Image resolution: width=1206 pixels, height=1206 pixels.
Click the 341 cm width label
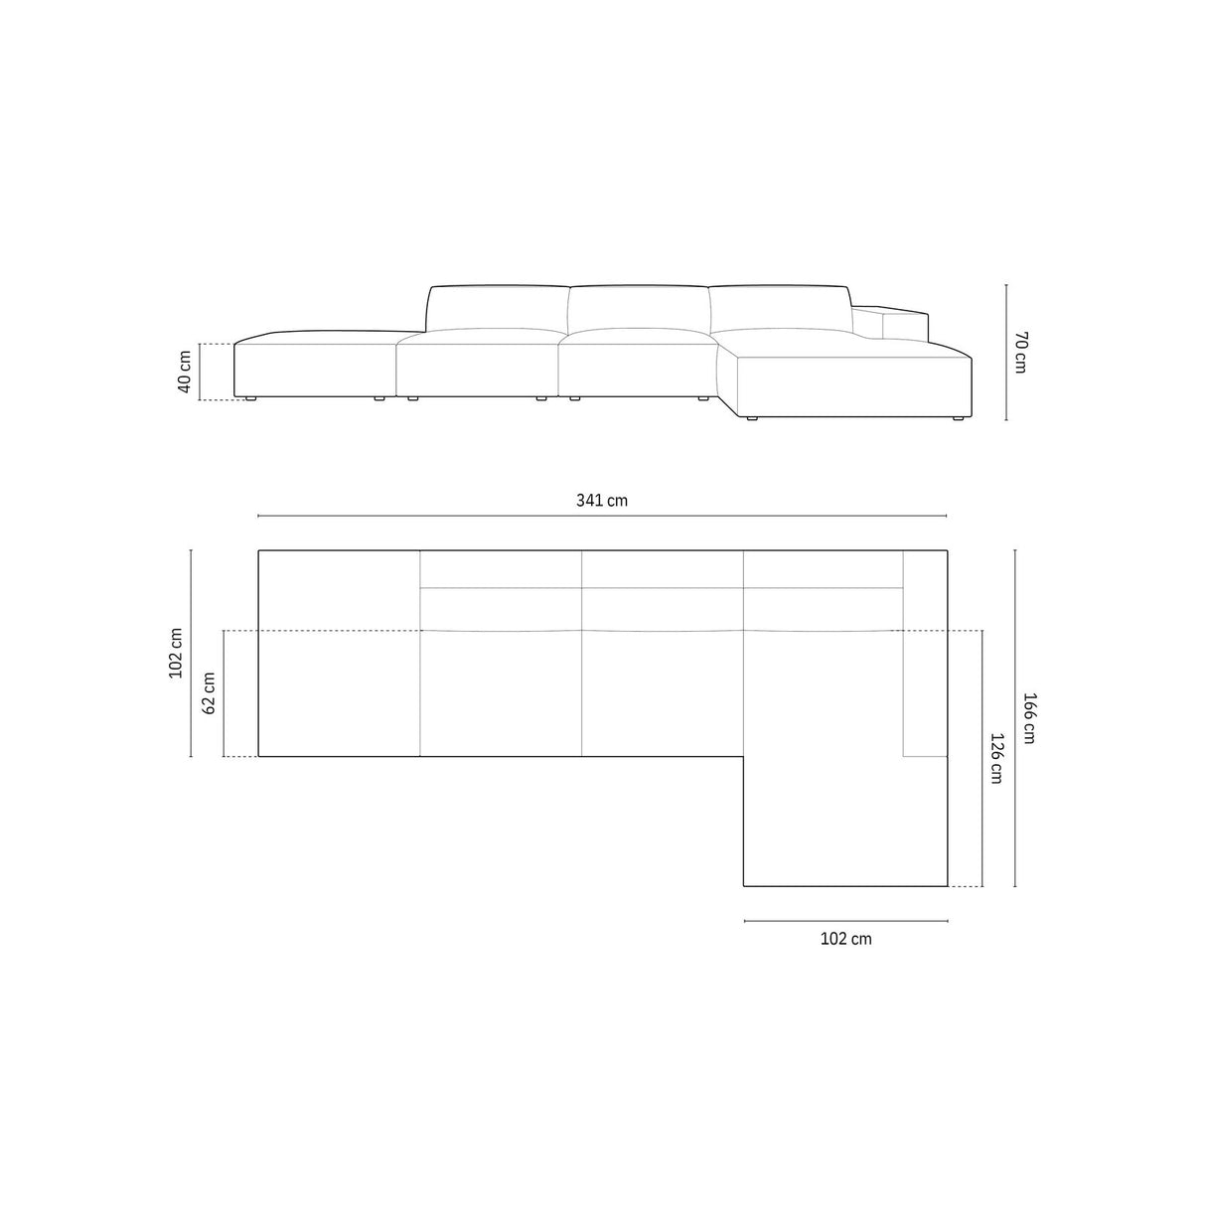(602, 501)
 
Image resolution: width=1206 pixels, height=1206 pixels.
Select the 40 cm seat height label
(185, 372)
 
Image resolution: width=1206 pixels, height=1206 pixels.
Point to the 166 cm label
(1029, 717)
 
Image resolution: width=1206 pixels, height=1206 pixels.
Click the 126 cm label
(996, 757)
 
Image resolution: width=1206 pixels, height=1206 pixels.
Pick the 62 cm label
(209, 693)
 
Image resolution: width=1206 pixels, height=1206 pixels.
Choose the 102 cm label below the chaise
(845, 939)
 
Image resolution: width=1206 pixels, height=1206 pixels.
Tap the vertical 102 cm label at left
(176, 652)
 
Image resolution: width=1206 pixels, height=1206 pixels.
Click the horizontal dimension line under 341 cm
(602, 517)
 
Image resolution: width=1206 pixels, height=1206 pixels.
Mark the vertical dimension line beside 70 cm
(1006, 353)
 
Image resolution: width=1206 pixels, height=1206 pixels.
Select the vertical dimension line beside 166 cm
(1014, 717)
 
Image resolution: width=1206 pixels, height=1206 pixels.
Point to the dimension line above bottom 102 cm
(845, 922)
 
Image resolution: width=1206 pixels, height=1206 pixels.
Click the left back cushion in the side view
(498, 308)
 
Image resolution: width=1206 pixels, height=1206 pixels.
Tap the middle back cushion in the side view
(639, 308)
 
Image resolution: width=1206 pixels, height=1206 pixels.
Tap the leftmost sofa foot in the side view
(249, 399)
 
